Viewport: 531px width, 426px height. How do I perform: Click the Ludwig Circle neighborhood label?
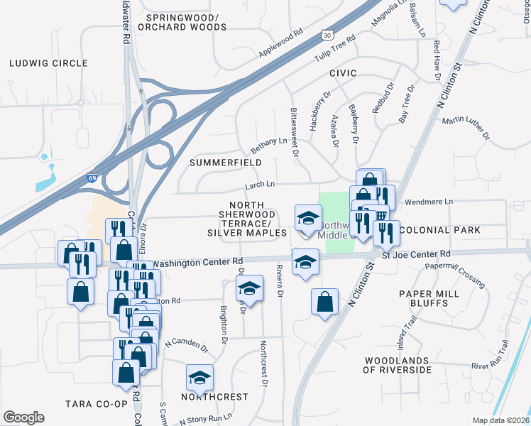(48, 63)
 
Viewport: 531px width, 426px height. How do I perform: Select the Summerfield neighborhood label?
(225, 163)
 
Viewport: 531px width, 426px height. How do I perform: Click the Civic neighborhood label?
(342, 74)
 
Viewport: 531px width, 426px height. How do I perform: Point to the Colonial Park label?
(440, 230)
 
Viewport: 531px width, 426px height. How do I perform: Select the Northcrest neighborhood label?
(214, 396)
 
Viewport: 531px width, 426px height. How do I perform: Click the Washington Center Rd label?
(198, 262)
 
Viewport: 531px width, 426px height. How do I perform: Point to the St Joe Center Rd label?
(416, 253)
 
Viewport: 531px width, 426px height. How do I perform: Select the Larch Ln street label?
(259, 185)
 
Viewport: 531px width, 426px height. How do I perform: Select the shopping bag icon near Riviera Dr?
(324, 301)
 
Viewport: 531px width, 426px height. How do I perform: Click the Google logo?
(23, 417)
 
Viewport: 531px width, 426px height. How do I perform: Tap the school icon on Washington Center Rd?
(305, 263)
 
